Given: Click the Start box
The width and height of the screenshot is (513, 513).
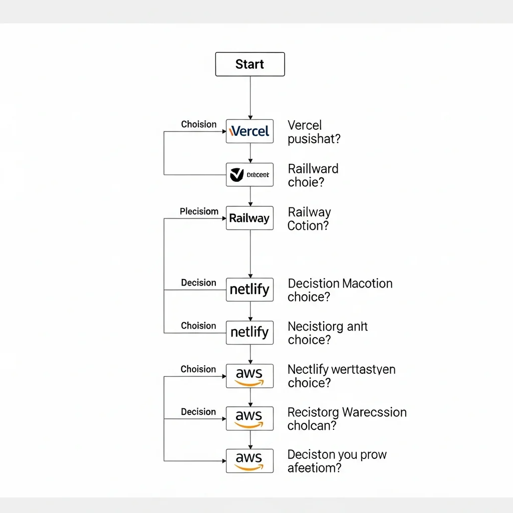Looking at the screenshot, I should point(249,64).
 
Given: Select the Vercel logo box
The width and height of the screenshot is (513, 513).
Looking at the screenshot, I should point(249,131).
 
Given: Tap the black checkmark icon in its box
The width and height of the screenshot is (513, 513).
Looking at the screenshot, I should point(236,175).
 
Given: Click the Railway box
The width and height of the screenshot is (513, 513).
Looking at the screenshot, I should point(249,218).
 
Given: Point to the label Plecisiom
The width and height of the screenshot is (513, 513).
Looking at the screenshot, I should point(199,211).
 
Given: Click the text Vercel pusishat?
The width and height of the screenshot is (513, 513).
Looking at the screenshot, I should point(314,132).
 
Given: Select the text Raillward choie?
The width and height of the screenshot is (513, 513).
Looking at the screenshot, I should point(313,175).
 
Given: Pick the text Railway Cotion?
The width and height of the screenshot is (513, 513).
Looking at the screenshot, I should point(309,219).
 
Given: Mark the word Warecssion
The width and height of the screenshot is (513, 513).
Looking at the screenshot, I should point(374,413).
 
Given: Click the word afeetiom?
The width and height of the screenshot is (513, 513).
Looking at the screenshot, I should point(315,468).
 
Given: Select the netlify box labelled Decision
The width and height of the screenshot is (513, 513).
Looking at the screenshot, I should point(249,290).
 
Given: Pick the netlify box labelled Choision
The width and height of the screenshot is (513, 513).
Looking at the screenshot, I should point(249,332).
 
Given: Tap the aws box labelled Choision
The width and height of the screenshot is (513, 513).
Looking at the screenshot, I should point(249,376).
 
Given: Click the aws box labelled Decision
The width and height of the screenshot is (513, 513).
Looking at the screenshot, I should point(249,418).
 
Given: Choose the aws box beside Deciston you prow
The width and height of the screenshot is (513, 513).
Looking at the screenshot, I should point(249,461).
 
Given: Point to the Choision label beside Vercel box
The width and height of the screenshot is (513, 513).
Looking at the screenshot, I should point(199,124).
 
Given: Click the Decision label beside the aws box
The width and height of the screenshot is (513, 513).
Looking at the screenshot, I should point(198,412).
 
